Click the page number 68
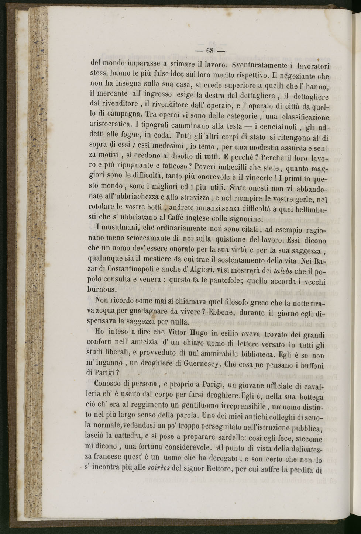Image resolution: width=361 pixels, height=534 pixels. coord(210,51)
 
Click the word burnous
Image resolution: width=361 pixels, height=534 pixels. coord(101,289)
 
